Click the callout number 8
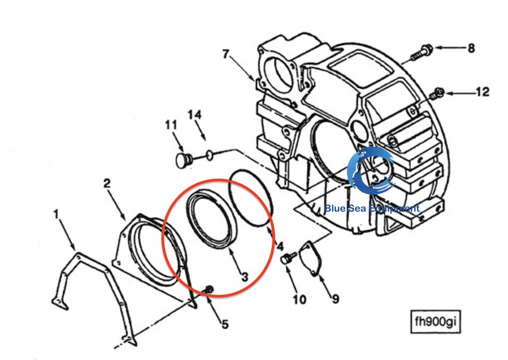click(471, 48)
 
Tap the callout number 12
click(482, 92)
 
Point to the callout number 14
click(194, 115)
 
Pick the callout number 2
click(107, 183)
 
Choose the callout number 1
click(57, 214)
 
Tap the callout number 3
click(245, 277)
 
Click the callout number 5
click(225, 324)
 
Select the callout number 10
click(300, 300)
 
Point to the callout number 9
click(336, 299)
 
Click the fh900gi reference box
click(436, 321)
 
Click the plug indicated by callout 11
click(184, 160)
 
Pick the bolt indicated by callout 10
click(288, 258)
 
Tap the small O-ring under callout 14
click(210, 155)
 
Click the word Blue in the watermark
click(335, 208)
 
